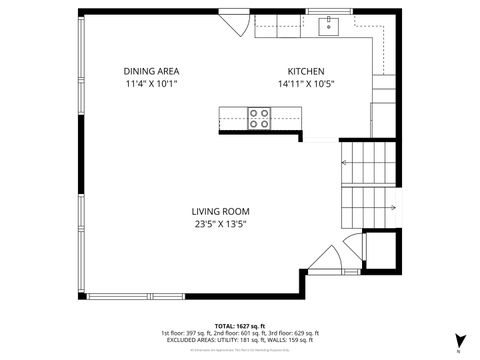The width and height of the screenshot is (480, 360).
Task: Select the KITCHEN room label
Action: pos(305,71)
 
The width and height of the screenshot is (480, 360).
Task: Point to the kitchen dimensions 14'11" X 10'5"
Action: pos(305,85)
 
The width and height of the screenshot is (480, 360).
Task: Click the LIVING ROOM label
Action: pos(220,211)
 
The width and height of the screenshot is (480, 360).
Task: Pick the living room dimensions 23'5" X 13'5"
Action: pos(220,225)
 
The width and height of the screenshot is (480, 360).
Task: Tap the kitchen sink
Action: pos(329,25)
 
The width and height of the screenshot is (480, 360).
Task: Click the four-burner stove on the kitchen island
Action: pos(259,118)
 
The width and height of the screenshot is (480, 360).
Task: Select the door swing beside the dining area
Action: pos(235,19)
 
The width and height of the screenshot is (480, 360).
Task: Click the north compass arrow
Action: pos(459,341)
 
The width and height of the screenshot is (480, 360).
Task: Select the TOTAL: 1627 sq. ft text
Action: pos(239,325)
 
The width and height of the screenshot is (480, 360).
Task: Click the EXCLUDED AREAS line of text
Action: pos(239,340)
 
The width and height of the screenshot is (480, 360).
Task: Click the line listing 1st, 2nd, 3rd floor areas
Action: pos(239,332)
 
